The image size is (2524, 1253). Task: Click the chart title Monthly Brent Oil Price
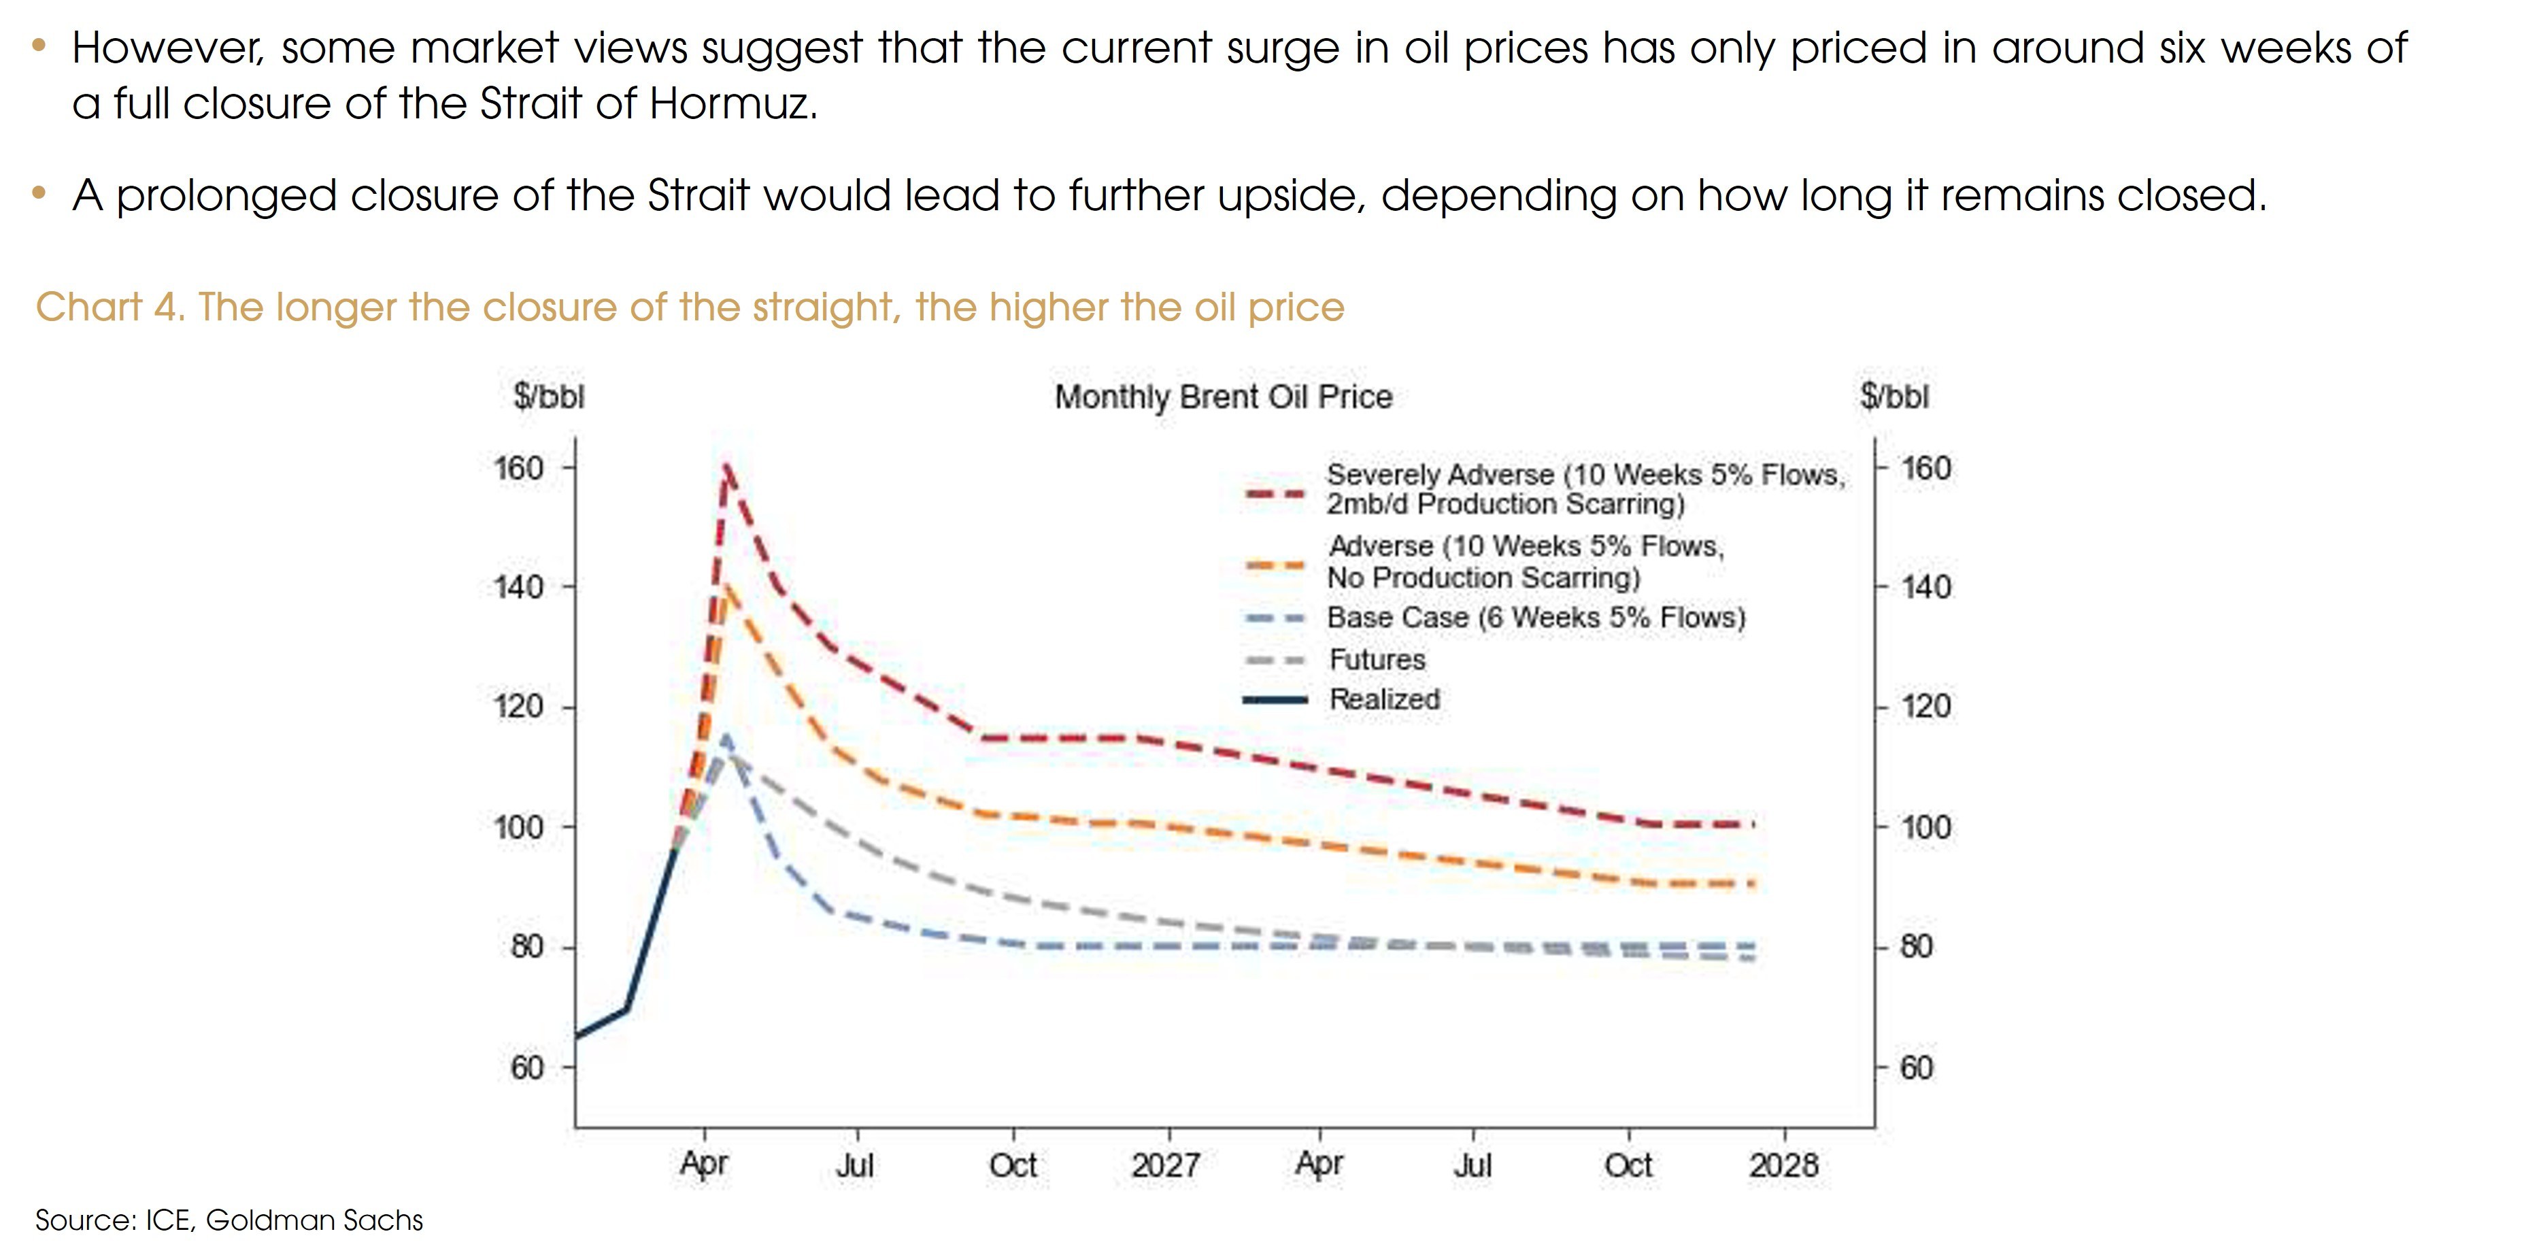click(1223, 397)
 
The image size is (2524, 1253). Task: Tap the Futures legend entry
click(1377, 659)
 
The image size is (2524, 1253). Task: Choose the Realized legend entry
click(1383, 699)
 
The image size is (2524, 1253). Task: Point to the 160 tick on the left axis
click(520, 468)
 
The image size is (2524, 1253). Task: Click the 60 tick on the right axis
click(1917, 1067)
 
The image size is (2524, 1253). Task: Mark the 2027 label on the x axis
click(1166, 1165)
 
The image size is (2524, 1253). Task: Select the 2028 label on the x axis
click(1783, 1165)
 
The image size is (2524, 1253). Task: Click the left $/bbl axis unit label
click(549, 397)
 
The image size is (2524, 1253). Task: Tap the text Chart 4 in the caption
click(107, 307)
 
